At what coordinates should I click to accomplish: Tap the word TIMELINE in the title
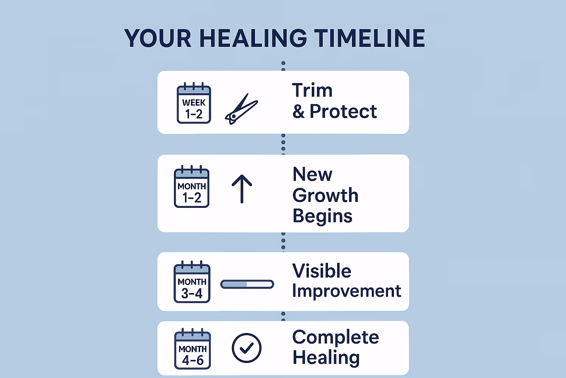pos(370,38)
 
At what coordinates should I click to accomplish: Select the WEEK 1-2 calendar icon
pos(194,103)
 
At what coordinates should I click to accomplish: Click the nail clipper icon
pos(241,109)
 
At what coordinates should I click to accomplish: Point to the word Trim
pos(312,90)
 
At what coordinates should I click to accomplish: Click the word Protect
pos(343,111)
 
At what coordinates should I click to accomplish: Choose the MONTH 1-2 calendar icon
pos(192,187)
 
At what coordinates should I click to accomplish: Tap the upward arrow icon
pos(242,188)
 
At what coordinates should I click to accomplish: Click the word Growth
pos(325,195)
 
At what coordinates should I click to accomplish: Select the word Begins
pos(322,216)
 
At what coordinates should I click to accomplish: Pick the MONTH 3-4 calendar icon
pos(192,282)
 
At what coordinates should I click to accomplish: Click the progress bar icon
pos(247,284)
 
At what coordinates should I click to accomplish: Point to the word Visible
pos(322,271)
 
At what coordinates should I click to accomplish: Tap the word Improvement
pos(346,291)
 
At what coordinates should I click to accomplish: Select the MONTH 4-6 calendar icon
pos(192,349)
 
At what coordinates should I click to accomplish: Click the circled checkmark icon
pos(247,348)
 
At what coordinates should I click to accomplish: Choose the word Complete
pos(335,337)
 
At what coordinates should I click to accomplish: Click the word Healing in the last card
pos(326,358)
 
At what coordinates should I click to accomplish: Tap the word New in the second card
pos(312,174)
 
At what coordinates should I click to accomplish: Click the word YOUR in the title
pos(158,38)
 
